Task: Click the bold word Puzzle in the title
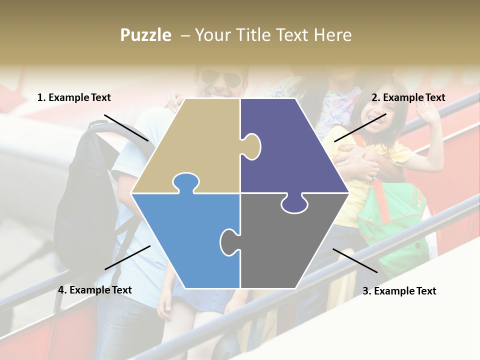[145, 35]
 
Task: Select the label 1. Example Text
[74, 97]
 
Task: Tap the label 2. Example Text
[408, 97]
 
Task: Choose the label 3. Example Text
[399, 291]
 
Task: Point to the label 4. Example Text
[94, 290]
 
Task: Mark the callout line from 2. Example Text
[360, 127]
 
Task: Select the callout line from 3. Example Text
[355, 260]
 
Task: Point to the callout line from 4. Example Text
[127, 257]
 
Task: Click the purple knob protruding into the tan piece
[252, 146]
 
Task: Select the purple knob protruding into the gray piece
[294, 204]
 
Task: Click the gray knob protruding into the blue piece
[229, 241]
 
